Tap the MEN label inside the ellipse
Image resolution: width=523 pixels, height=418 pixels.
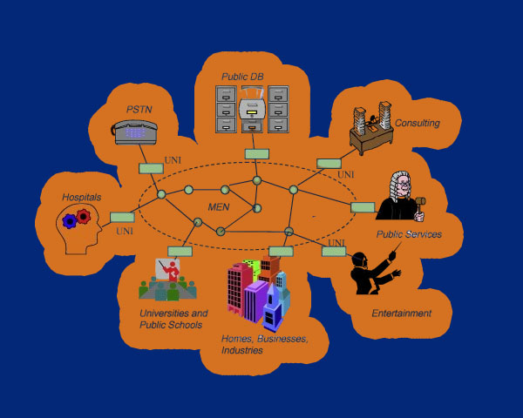(219, 206)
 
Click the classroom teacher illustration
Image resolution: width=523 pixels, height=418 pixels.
(166, 279)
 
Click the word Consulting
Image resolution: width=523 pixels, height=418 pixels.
(418, 124)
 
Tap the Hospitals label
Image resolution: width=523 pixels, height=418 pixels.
(81, 198)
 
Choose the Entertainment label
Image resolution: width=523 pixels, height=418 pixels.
(402, 313)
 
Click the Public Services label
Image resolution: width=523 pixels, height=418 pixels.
(409, 234)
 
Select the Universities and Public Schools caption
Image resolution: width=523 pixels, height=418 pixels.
(173, 319)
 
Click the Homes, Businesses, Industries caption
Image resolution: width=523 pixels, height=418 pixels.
(264, 344)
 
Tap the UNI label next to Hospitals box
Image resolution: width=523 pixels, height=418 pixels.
(124, 231)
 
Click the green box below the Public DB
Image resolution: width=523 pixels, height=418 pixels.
(256, 154)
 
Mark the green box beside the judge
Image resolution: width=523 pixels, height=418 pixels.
(363, 207)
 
